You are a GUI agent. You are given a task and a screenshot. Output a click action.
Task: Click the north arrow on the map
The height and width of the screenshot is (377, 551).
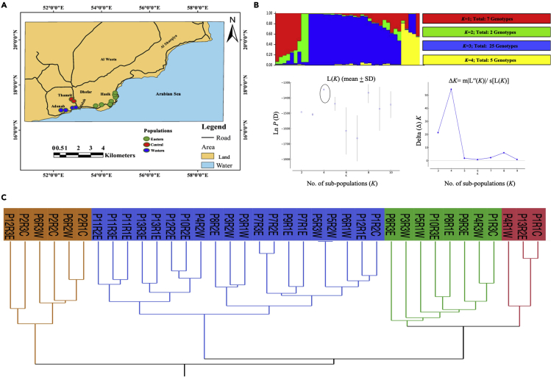pos(232,31)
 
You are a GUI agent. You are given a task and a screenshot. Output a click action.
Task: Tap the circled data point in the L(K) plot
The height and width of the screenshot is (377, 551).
pos(324,88)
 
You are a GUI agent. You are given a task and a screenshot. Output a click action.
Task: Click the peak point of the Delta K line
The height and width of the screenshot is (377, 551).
pos(451,89)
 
